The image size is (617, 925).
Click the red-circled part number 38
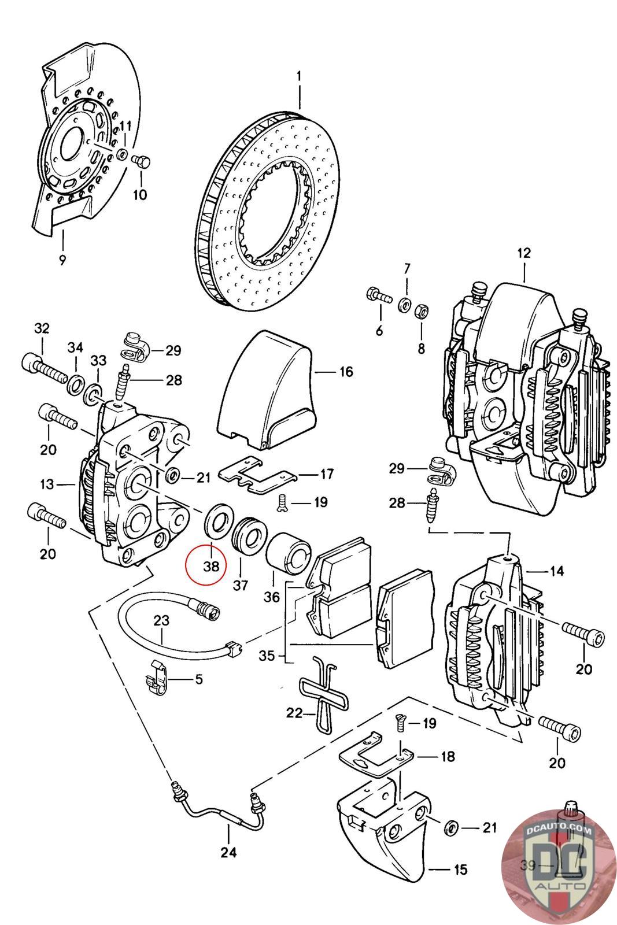211,566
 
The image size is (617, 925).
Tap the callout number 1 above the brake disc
298,76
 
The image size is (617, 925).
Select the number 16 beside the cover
346,372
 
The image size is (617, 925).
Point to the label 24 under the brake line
228,852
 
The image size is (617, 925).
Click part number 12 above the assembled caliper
524,253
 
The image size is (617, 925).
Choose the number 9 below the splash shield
62,260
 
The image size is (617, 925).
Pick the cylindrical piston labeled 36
288,553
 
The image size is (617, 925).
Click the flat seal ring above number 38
219,521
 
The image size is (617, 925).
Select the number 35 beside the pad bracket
267,656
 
